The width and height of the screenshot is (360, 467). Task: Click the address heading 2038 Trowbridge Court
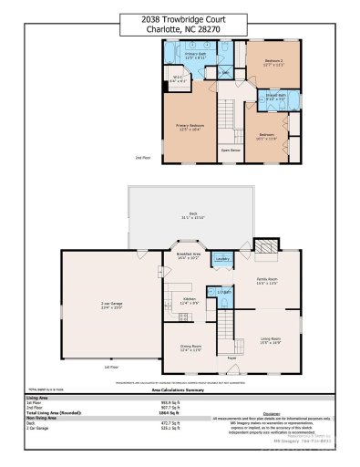pos(180,17)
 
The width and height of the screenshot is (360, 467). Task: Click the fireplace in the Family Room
pos(265,247)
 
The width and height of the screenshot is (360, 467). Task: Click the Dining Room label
pos(190,348)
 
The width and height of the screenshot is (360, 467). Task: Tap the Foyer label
pos(231,358)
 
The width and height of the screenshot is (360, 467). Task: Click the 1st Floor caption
pos(110,367)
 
